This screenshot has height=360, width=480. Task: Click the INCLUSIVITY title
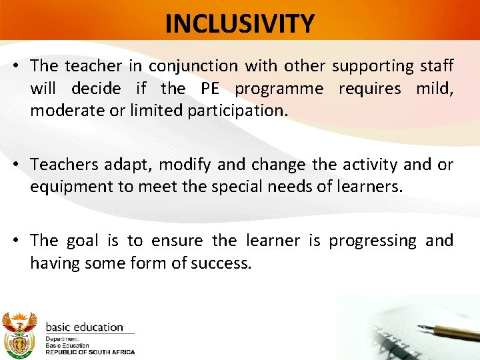[x=239, y=24]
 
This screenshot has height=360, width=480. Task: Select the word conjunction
[x=193, y=66]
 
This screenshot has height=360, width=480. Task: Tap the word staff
[x=438, y=66]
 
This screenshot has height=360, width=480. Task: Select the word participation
[x=237, y=111]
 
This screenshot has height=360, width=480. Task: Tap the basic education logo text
[x=84, y=327]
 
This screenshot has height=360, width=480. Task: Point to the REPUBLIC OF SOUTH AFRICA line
[x=90, y=351]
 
